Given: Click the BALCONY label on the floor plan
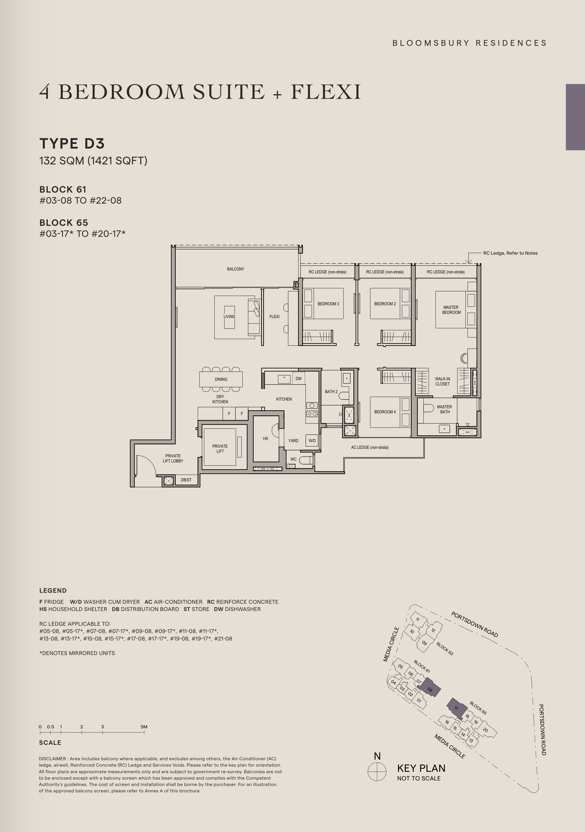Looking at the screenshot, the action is click(236, 269).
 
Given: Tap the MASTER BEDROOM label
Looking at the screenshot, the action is click(451, 310).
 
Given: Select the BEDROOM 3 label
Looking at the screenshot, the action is click(328, 304).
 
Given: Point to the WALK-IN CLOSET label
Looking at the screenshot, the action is click(443, 381).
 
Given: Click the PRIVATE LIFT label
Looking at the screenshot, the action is click(220, 449).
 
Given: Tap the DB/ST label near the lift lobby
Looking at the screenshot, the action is click(186, 480).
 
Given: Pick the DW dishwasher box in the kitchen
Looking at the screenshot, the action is click(299, 378).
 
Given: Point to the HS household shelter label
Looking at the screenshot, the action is click(265, 438).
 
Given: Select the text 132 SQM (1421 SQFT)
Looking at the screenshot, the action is click(93, 160).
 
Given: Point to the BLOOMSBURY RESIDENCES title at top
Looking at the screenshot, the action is click(469, 43).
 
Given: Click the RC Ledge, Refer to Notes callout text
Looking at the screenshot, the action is click(510, 253).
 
